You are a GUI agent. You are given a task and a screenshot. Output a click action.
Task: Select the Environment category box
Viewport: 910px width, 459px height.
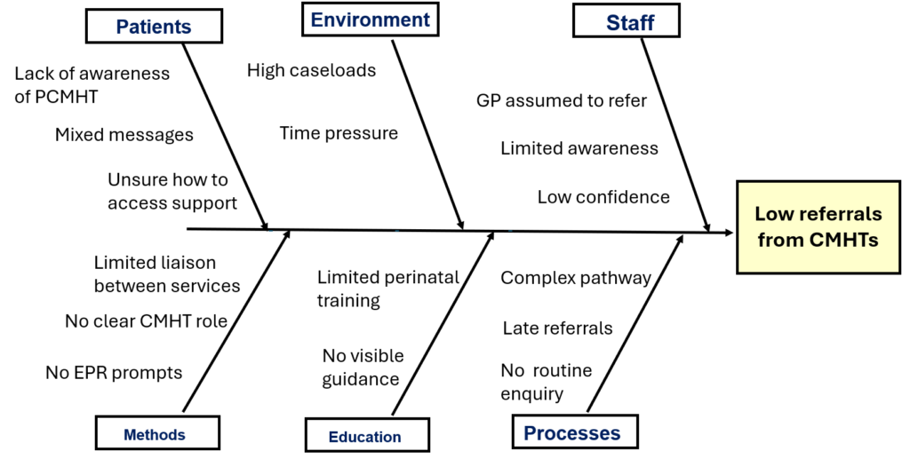[x=370, y=20]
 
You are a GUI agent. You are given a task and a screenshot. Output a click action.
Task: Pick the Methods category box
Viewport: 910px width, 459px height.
[x=155, y=434]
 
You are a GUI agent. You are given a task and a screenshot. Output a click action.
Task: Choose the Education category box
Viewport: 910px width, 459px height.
[x=365, y=436]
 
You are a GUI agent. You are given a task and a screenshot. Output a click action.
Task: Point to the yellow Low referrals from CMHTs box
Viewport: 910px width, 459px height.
[x=818, y=226]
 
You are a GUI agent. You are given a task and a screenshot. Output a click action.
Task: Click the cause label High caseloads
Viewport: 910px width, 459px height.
[x=311, y=69]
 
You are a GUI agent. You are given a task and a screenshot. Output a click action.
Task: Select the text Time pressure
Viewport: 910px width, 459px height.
[x=339, y=133]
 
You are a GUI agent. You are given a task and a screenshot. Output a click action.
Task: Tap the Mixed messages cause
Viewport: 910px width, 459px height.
[x=124, y=135]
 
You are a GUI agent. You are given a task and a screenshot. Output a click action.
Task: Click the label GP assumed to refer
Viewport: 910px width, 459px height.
[x=562, y=100]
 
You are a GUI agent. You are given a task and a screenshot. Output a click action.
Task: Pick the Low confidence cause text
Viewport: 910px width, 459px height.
[x=603, y=196]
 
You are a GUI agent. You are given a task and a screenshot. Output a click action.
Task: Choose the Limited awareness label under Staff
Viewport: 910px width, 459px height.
[x=579, y=148]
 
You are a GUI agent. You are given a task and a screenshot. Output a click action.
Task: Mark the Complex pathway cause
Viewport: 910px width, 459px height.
[x=576, y=278]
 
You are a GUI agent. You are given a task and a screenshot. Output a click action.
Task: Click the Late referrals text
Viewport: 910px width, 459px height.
[x=557, y=328]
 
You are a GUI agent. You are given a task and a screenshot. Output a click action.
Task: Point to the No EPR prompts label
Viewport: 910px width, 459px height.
[x=114, y=372]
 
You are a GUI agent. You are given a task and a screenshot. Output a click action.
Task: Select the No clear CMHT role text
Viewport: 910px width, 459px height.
[x=146, y=321]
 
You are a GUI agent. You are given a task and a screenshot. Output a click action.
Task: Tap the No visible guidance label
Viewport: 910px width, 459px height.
[x=363, y=368]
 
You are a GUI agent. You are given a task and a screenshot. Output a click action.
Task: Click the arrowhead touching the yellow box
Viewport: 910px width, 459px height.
[x=728, y=233]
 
